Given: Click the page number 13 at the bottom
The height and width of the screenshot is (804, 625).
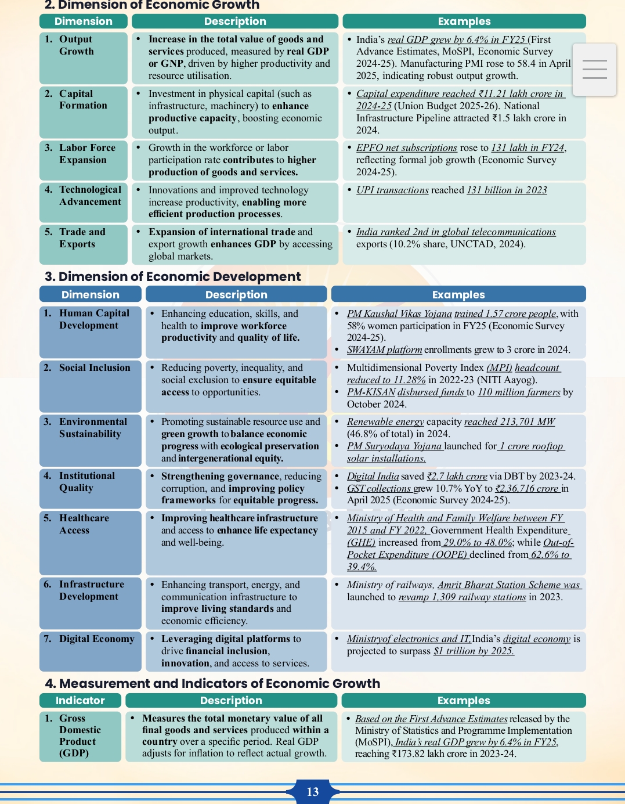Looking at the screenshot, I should [313, 792].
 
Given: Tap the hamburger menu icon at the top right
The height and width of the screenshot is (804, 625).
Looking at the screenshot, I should [594, 70].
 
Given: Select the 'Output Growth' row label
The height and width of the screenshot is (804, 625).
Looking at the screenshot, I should [76, 45].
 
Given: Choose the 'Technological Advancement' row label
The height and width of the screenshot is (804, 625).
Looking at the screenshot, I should [90, 196].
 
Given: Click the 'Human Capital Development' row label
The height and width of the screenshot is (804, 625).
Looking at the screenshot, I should [94, 319].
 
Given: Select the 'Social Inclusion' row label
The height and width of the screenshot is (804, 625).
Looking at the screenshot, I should [95, 367].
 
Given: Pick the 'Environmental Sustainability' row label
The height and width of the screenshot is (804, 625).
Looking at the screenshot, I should [93, 428].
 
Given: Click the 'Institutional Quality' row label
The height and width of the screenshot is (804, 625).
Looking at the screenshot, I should [87, 482].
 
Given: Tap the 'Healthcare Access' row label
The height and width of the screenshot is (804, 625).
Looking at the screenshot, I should [84, 524].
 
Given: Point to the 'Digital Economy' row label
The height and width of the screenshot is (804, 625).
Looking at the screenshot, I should [96, 639].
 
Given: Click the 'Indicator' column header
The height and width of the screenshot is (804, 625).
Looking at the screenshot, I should [80, 701].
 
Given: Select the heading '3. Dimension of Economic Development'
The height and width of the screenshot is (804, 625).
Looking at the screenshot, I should [173, 276].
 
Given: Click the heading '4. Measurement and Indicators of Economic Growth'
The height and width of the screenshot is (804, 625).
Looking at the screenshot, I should [212, 683].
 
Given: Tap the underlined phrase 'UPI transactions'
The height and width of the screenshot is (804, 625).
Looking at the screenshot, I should [392, 190].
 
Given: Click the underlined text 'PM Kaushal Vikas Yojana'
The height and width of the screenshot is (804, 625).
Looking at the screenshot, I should [399, 314].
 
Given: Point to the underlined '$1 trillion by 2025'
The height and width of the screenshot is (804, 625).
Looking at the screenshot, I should [474, 651].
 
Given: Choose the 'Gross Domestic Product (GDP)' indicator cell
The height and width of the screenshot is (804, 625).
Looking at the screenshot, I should [80, 736].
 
